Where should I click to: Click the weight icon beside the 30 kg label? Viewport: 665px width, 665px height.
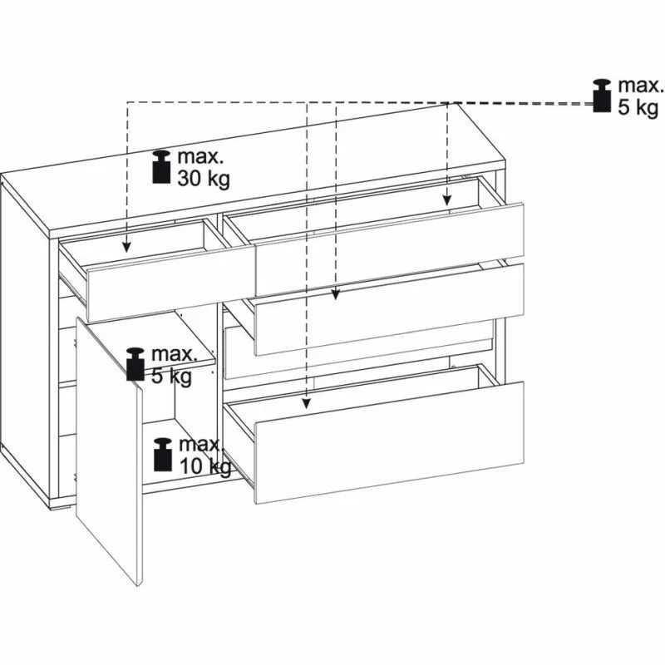161,167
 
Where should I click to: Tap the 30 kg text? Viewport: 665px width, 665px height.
204,178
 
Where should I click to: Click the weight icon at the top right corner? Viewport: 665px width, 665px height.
602,96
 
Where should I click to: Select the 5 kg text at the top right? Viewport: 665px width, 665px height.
638,107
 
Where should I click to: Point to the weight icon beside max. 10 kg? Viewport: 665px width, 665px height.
163,454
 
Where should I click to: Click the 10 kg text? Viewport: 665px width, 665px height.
205,466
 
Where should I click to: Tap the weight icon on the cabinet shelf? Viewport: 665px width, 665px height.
135,364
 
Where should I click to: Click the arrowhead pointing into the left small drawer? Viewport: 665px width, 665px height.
126,248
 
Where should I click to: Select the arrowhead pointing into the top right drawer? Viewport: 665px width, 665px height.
447,200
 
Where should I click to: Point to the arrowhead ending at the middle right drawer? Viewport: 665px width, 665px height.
336,294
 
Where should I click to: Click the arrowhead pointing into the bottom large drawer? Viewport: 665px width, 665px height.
307,404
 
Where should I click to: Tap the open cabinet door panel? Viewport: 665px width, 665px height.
109,451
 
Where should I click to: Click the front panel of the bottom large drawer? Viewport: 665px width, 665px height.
389,442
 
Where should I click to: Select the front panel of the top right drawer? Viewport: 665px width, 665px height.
389,249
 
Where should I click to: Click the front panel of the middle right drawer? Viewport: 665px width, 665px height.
389,308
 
